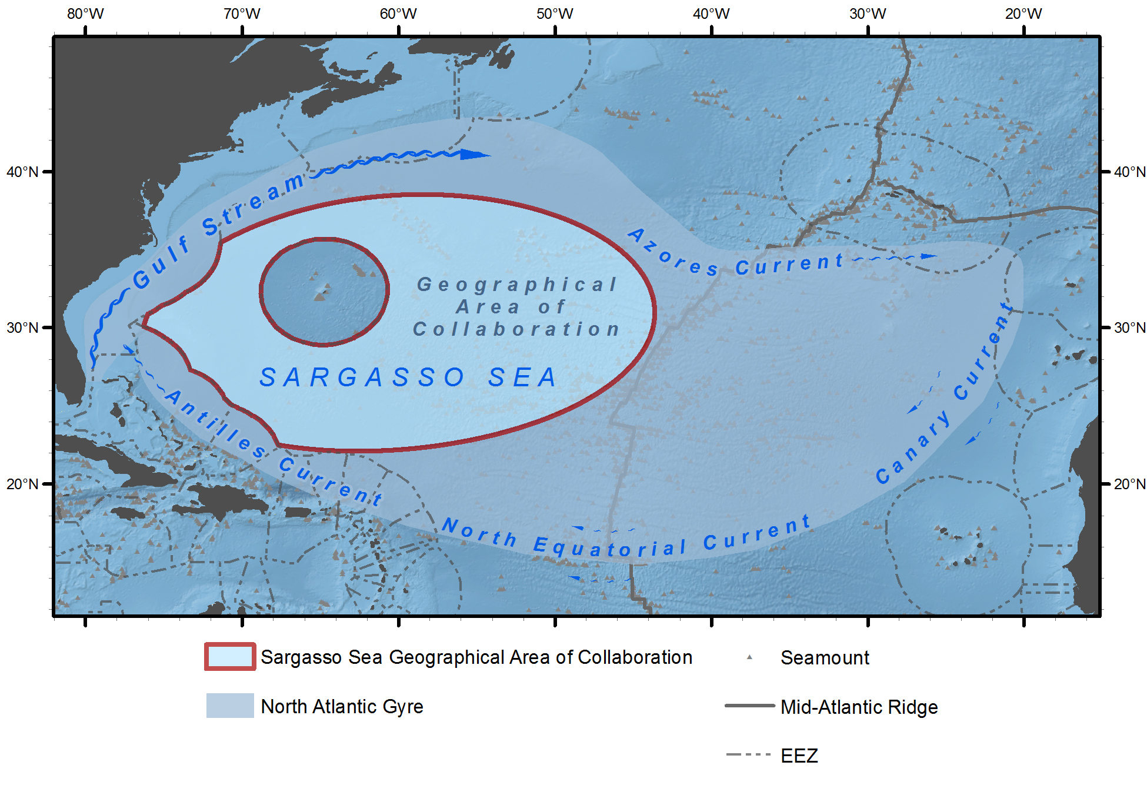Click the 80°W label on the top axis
tap(85, 14)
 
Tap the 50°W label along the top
tap(554, 14)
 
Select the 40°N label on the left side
tap(22, 172)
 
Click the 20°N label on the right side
tap(1129, 484)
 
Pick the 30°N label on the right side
tap(1129, 328)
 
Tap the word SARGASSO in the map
tap(362, 377)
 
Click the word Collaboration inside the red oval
tap(516, 329)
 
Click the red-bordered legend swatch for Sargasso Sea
tap(230, 657)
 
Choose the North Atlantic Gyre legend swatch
tap(230, 706)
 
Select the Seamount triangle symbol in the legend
tap(749, 657)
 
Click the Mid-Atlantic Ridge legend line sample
tap(749, 706)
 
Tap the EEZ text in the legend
tap(799, 756)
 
